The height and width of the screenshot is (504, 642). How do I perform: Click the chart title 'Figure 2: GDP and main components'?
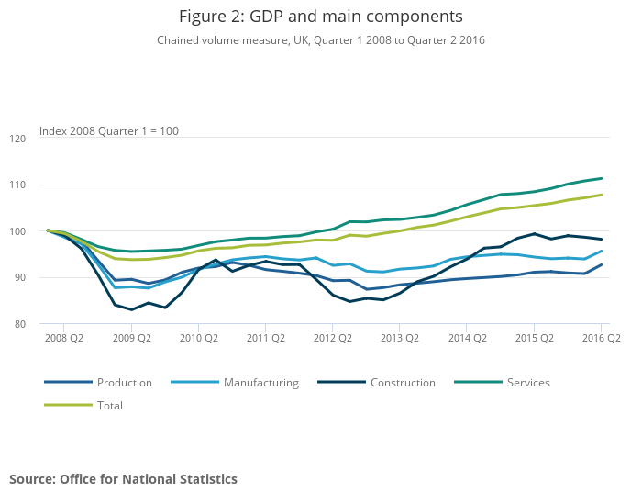(x=320, y=17)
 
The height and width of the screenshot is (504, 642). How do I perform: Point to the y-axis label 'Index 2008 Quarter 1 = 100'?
(x=109, y=131)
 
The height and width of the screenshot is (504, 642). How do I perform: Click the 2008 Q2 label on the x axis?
(x=64, y=338)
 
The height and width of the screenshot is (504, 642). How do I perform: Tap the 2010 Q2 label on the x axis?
(x=198, y=338)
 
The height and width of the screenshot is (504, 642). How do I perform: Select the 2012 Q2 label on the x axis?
(x=333, y=338)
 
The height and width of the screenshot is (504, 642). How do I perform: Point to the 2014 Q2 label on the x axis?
(x=467, y=338)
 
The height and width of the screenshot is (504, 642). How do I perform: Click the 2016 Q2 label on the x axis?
(x=601, y=338)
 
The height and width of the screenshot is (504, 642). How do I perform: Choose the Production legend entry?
(x=124, y=383)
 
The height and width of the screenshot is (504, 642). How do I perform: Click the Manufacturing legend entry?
(x=261, y=383)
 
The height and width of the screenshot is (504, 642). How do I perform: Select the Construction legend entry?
(x=403, y=383)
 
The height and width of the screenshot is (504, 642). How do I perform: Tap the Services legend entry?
(x=528, y=383)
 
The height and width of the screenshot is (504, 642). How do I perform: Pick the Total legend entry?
(x=109, y=405)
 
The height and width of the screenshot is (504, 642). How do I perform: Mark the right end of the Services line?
(x=602, y=178)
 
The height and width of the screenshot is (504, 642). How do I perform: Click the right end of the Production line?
(x=602, y=264)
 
